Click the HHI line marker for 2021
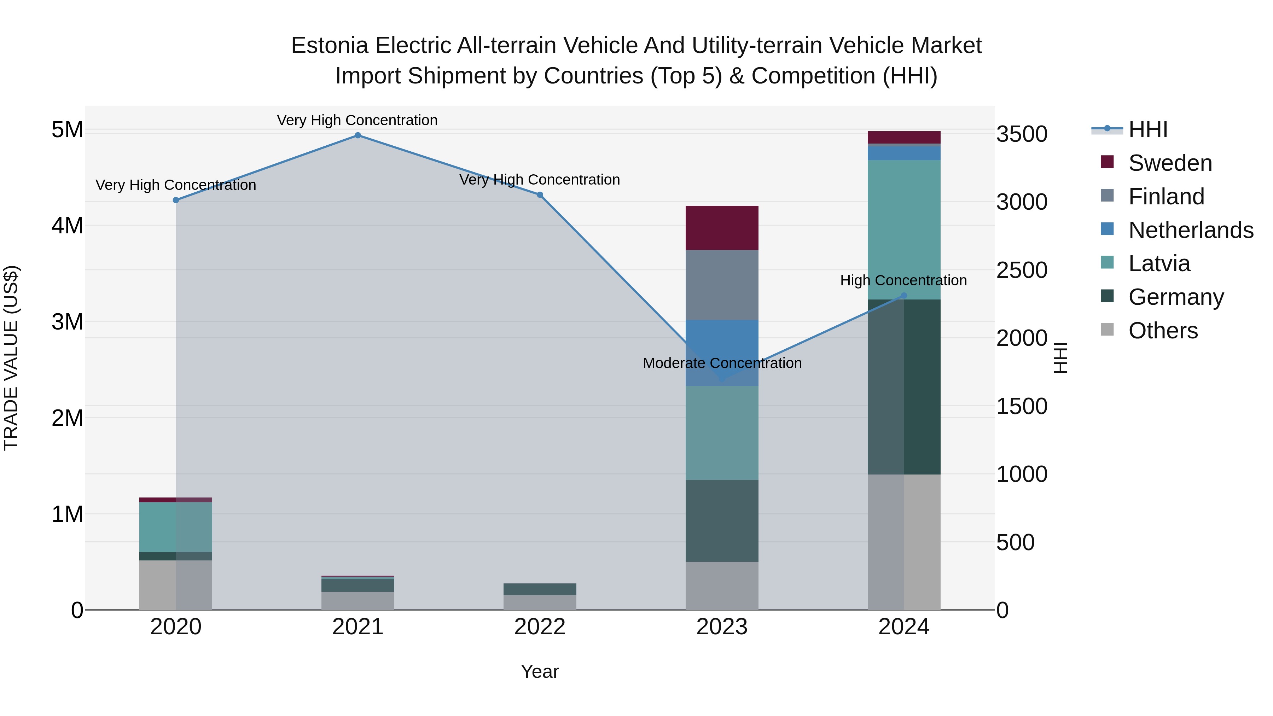pos(358,135)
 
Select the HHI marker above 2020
pos(176,200)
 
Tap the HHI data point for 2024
pos(904,296)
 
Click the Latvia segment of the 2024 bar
pos(904,230)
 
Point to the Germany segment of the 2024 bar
pos(904,387)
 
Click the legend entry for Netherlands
pos(1191,230)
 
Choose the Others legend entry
pos(1163,331)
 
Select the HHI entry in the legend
pos(1147,129)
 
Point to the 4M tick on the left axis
pos(67,226)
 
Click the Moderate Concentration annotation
pos(722,363)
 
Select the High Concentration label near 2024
pos(903,281)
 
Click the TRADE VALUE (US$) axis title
pos(11,358)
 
